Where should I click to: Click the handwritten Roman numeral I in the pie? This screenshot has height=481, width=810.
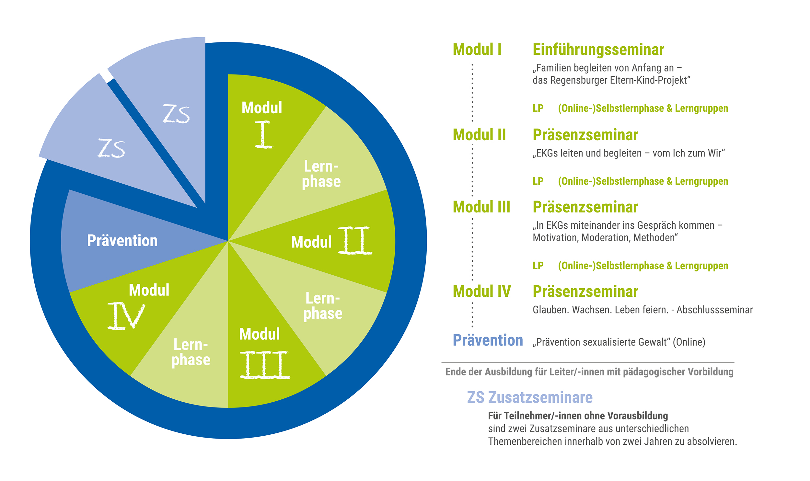tap(263, 134)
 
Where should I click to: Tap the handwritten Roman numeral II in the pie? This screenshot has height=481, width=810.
tap(355, 240)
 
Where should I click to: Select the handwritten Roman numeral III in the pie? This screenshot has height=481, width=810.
tap(265, 365)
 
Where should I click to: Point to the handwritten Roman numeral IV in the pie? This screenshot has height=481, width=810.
tap(126, 316)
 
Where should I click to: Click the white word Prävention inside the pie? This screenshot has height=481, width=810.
tap(122, 240)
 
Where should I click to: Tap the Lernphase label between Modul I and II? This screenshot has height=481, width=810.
tap(321, 174)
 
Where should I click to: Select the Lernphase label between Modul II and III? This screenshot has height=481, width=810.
tap(323, 306)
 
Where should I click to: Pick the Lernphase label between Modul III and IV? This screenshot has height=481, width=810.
tap(191, 352)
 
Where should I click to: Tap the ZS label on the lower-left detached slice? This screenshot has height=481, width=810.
tap(111, 148)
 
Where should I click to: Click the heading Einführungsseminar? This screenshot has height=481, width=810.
tap(598, 50)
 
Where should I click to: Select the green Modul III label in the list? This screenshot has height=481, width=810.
tap(481, 207)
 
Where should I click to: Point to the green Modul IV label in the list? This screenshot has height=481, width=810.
tap(482, 291)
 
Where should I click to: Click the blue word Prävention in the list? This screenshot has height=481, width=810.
tap(488, 340)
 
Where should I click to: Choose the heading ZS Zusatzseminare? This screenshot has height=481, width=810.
tap(530, 397)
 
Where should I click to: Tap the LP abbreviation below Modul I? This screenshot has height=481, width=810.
tap(538, 108)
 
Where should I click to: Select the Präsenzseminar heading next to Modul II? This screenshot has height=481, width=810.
tap(585, 135)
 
